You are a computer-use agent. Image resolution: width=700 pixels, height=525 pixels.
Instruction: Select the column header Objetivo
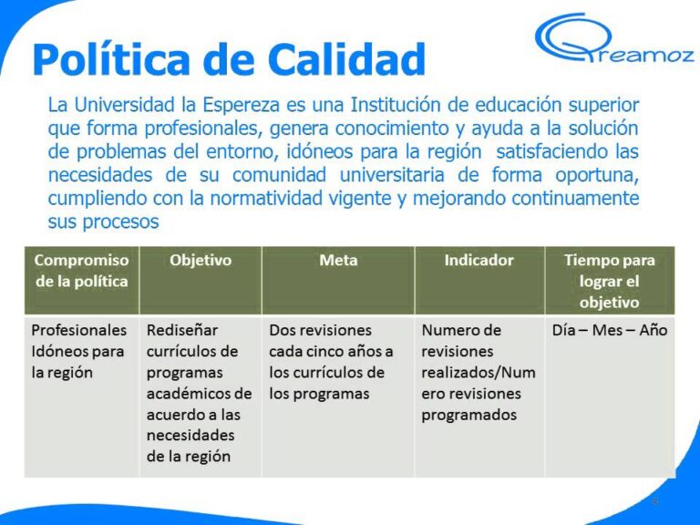[x=201, y=261]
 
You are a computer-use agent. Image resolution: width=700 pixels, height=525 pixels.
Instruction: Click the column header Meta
[x=338, y=261]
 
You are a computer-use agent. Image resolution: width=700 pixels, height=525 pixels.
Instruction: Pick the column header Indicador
[x=479, y=261]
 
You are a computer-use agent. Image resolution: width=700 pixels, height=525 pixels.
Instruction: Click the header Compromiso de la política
[x=81, y=271]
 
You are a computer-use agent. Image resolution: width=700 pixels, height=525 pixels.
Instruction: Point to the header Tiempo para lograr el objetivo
[x=609, y=281]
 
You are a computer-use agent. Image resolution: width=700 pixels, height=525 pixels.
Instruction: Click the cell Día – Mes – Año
[x=609, y=330]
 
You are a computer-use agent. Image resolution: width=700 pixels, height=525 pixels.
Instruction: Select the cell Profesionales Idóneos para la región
[x=77, y=351]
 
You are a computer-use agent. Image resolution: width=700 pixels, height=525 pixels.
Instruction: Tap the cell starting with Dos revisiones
[x=332, y=362]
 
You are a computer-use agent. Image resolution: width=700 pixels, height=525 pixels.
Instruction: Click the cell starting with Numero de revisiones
[x=478, y=372]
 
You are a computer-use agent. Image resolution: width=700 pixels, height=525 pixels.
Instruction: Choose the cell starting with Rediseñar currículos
[x=199, y=393]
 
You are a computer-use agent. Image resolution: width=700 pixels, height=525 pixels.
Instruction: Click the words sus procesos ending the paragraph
[x=103, y=221]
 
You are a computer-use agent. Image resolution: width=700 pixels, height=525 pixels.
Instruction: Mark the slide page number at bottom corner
[x=655, y=502]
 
